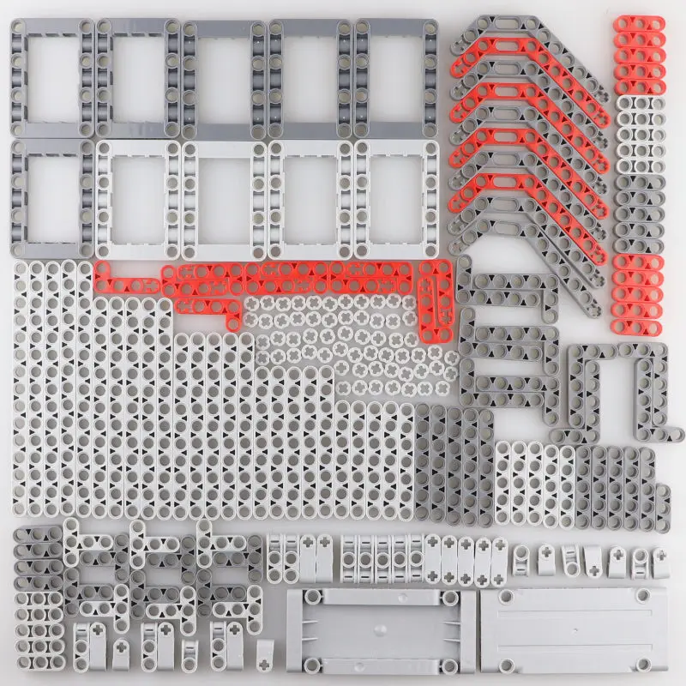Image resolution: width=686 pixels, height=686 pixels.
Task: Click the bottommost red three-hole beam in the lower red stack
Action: click(x=639, y=309)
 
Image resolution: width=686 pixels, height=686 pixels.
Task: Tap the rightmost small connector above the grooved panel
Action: click(x=660, y=561)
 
